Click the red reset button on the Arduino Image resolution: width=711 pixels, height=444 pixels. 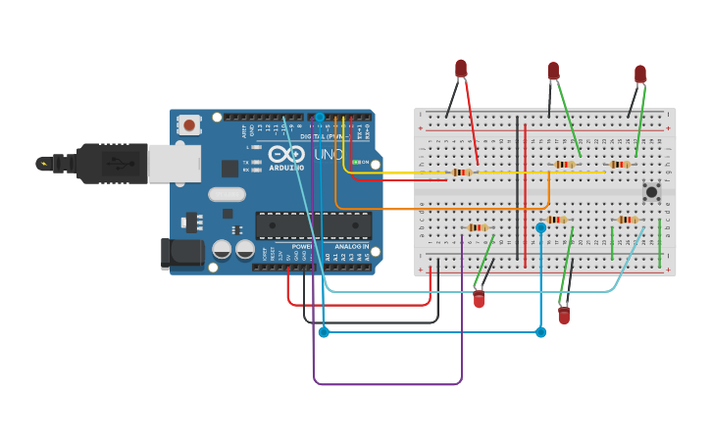click(188, 124)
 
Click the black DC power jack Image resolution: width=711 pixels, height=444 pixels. click(182, 254)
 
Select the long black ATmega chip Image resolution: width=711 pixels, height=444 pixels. click(314, 225)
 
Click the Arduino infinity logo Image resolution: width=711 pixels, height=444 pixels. click(286, 154)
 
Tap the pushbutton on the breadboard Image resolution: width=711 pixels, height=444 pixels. click(650, 191)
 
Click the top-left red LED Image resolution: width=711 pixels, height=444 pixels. click(461, 68)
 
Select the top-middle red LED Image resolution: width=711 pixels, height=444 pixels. click(553, 71)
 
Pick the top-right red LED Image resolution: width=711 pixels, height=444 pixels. click(640, 74)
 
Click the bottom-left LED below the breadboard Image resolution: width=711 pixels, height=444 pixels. click(479, 299)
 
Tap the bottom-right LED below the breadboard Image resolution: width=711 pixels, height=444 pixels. click(564, 315)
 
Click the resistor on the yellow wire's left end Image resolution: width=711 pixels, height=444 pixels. click(460, 173)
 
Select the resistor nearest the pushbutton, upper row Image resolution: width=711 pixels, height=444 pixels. click(619, 165)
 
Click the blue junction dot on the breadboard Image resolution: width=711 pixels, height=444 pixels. click(540, 227)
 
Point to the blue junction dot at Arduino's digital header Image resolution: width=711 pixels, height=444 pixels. click(319, 117)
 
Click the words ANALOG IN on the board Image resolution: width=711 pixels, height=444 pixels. click(351, 246)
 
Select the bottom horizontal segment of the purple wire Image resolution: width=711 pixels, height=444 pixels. click(387, 384)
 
